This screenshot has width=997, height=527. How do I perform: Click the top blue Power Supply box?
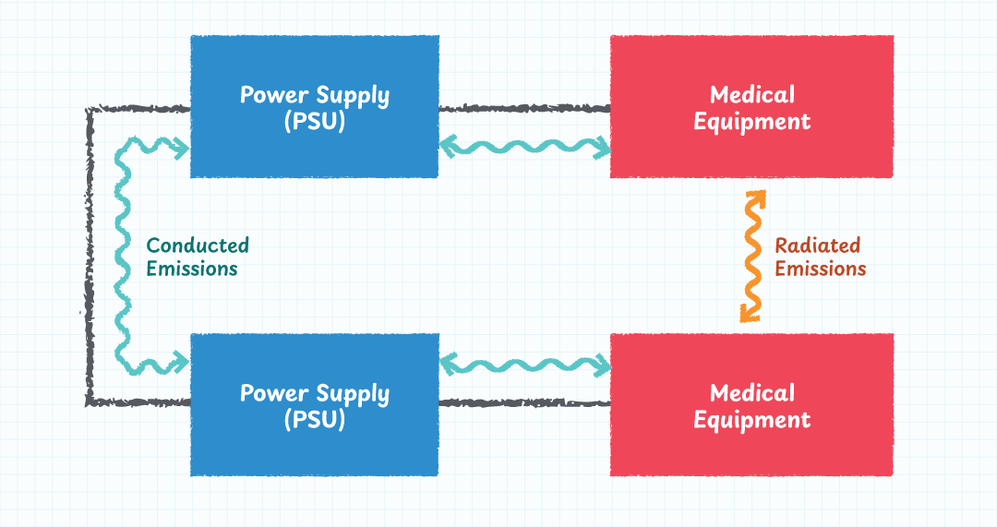[314, 148]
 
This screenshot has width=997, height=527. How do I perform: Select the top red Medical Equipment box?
[751, 152]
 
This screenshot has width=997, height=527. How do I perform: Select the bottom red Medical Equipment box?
[751, 452]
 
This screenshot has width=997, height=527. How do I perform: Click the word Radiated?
[817, 246]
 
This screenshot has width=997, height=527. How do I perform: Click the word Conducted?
[198, 246]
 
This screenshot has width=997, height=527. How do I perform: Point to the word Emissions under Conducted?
[192, 269]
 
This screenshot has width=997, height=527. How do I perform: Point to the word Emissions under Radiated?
[820, 269]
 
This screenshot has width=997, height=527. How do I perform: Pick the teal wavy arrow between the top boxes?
[524, 146]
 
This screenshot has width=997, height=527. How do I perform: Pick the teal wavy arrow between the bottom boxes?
[524, 365]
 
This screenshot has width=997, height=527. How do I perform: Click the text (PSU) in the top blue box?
[315, 121]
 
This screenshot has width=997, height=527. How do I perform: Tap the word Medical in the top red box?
[752, 94]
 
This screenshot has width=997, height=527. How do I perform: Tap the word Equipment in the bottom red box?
[752, 420]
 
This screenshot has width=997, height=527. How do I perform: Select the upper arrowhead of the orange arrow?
[757, 198]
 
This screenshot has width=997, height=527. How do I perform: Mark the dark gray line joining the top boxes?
[523, 109]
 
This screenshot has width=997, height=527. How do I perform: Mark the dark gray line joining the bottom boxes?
[523, 402]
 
